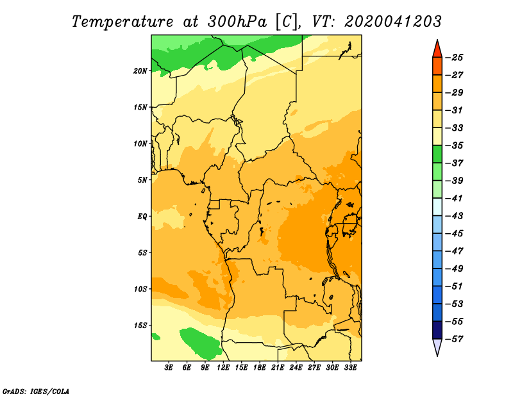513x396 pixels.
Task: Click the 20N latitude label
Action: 140,70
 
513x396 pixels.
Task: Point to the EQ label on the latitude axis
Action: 142,216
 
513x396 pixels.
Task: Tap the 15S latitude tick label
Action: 140,326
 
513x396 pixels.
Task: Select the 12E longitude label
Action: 223,368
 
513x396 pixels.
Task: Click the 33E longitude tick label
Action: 350,368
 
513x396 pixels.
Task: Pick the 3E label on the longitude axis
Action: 169,368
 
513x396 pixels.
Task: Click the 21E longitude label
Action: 278,368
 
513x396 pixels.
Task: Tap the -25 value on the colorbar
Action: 455,58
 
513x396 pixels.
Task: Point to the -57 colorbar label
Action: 455,339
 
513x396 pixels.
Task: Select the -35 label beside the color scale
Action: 455,145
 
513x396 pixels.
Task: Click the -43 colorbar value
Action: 455,216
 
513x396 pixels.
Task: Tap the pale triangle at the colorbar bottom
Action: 437,346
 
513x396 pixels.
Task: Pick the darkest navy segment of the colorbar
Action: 437,330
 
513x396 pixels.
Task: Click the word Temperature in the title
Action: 122,22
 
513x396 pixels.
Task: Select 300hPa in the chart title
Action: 237,22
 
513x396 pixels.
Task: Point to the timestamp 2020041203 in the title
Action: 393,22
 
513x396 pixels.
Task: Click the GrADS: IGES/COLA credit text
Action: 36,391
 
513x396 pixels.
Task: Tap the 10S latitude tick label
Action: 140,289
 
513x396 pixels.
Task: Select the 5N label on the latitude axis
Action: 142,180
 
